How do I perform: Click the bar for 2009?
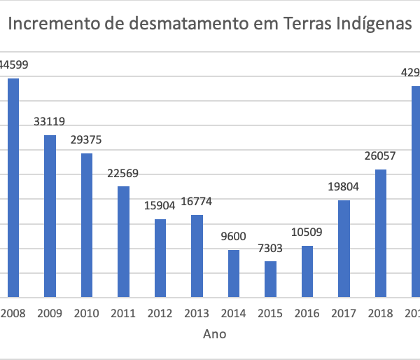point(50,216)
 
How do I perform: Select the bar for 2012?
point(160,258)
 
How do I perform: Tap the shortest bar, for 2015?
point(270,279)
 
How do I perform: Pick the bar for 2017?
point(344,249)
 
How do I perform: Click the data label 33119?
point(50,122)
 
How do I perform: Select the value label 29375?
point(86,140)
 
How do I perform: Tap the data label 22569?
point(123,173)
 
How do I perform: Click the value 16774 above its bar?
point(197,202)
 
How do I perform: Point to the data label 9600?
point(234,237)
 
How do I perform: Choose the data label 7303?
point(270,248)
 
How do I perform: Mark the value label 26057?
point(380,156)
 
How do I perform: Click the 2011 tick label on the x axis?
point(123,314)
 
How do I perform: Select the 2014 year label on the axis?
point(234,314)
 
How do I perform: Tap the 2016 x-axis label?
point(307,314)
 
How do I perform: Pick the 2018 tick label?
point(380,314)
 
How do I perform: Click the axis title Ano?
point(215,334)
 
